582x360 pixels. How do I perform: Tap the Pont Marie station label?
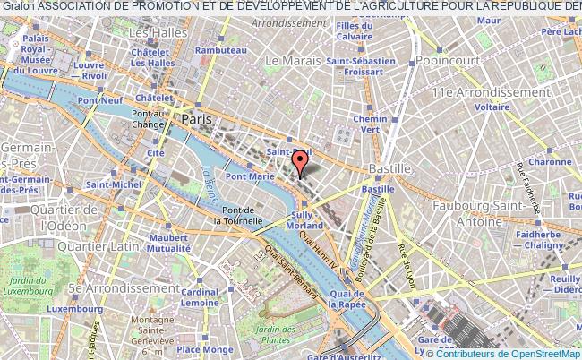[x=248, y=176]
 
